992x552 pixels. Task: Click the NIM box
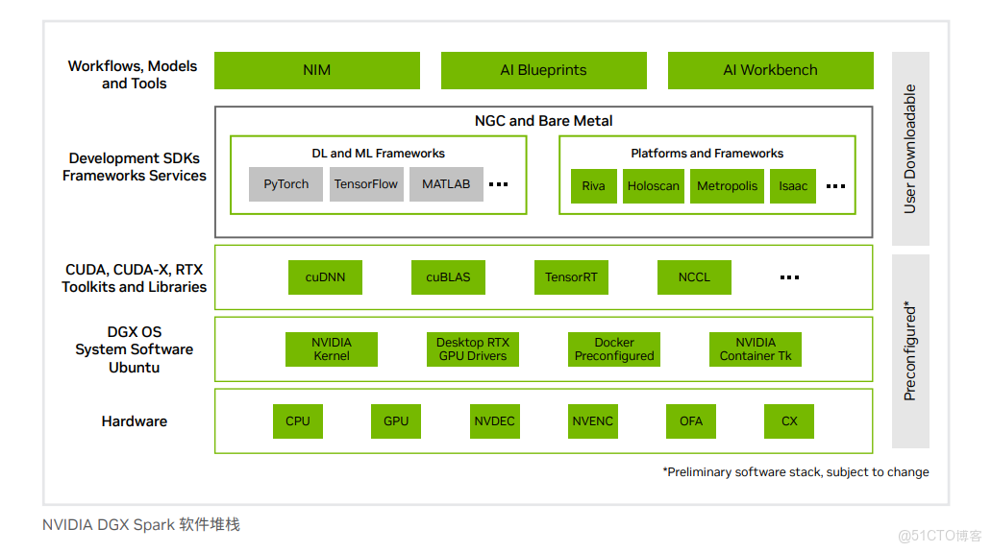coord(316,70)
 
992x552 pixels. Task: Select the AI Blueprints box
coord(543,70)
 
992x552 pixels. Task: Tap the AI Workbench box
coord(770,70)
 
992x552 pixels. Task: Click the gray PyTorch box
coord(286,184)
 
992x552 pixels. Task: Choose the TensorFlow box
coord(366,184)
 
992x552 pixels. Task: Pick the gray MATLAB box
coord(446,184)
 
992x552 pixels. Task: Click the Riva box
coord(593,186)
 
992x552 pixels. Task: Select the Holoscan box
coord(654,186)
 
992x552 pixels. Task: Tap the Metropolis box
coord(728,186)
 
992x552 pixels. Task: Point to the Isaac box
coord(793,186)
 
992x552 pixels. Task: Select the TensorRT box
coord(571,277)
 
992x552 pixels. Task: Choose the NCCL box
coord(694,277)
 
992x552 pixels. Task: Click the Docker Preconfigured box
coord(614,349)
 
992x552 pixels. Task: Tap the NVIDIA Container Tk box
coord(756,349)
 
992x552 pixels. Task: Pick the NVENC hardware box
coord(593,421)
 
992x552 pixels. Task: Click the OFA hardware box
coord(691,421)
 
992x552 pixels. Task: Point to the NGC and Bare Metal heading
coord(543,121)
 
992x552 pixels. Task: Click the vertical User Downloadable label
coord(910,149)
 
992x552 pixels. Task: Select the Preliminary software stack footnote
coord(796,472)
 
